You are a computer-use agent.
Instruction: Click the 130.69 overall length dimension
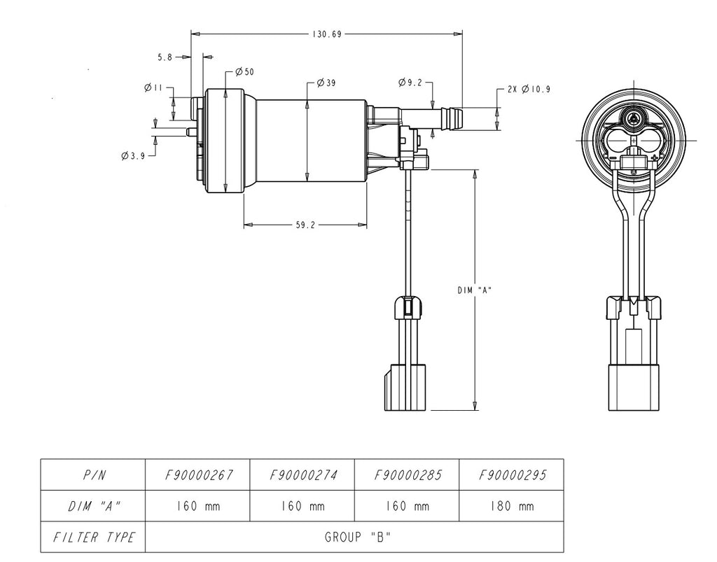[326, 34]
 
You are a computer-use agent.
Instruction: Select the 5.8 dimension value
[165, 57]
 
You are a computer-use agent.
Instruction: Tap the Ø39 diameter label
[326, 83]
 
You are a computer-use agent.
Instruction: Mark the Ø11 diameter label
[153, 88]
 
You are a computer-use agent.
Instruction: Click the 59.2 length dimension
[306, 225]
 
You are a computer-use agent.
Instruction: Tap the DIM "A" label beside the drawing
[474, 290]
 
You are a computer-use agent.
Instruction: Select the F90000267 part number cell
[197, 475]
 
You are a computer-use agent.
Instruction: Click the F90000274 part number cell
[302, 475]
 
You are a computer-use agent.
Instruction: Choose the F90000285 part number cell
[408, 475]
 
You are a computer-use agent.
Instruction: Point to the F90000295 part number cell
[512, 475]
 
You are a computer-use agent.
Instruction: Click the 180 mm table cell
[512, 506]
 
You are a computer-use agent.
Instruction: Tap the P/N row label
[93, 475]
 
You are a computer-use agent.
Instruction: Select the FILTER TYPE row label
[93, 538]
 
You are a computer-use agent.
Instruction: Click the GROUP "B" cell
[354, 538]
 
